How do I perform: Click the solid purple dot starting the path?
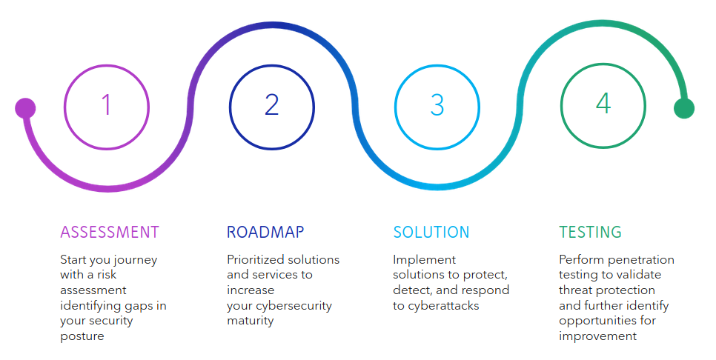pos(25,108)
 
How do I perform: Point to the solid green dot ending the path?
pos(683,108)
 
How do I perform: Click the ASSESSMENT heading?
pos(110,232)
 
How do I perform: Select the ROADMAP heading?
pos(265,232)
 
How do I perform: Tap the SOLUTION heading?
pos(431,232)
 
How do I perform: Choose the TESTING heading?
pos(590,232)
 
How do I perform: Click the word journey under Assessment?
pos(134,260)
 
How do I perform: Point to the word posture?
pos(82,336)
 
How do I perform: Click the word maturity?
pos(251,321)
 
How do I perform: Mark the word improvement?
pos(597,336)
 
